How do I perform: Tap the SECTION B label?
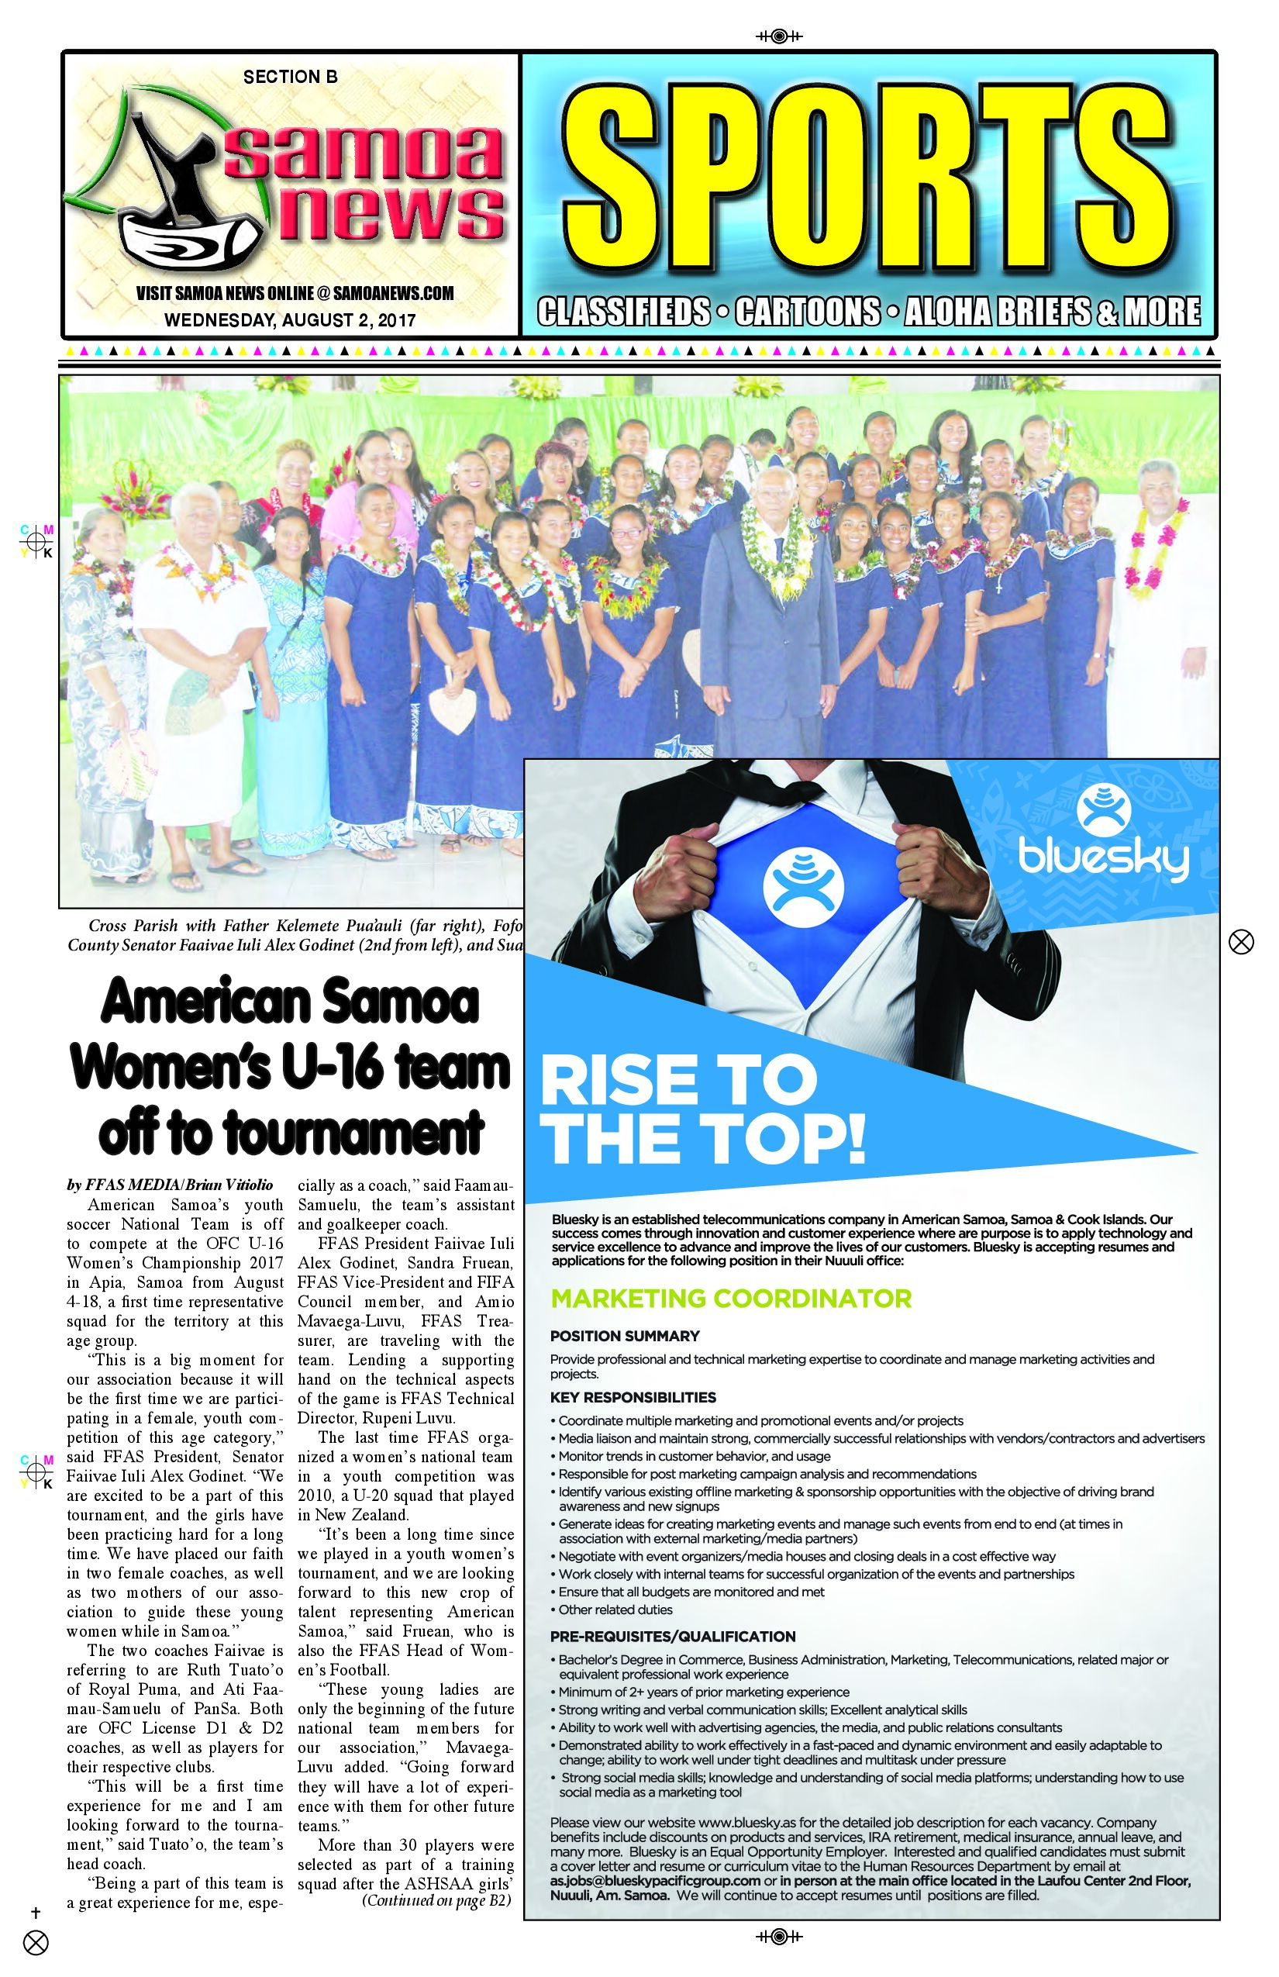coord(290,78)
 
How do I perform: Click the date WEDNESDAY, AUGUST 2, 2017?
coord(290,319)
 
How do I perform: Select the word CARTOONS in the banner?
coord(807,312)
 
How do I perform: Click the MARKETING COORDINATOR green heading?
coord(731,1299)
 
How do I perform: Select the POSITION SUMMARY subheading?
coord(625,1336)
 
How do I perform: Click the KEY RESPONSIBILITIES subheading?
coord(633,1397)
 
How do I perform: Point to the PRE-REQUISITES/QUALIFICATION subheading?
coord(673,1637)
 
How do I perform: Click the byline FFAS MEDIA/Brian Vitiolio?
coord(171,1185)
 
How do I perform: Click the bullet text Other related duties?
coord(615,1610)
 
